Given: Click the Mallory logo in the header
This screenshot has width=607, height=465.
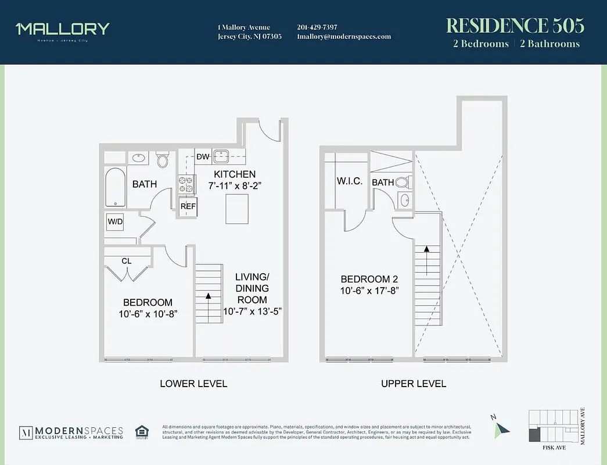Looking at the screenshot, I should pyautogui.click(x=62, y=30).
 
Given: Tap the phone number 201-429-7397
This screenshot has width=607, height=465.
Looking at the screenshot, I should pyautogui.click(x=317, y=27).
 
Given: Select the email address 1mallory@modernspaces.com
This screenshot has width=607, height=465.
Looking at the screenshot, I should pyautogui.click(x=343, y=37).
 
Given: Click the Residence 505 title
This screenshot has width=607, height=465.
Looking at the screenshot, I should pyautogui.click(x=515, y=26).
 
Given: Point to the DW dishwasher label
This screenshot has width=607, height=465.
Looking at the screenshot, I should pyautogui.click(x=203, y=156).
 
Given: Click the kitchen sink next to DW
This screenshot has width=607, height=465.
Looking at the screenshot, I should pyautogui.click(x=221, y=156).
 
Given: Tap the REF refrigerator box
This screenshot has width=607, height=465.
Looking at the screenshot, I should pyautogui.click(x=187, y=206).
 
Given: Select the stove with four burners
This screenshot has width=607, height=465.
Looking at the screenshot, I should pyautogui.click(x=186, y=184).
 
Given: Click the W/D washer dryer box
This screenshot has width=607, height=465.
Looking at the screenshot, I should pyautogui.click(x=114, y=221).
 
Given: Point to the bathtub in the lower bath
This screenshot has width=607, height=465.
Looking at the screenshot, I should pyautogui.click(x=115, y=187).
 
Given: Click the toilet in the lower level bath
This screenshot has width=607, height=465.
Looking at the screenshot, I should pyautogui.click(x=163, y=159).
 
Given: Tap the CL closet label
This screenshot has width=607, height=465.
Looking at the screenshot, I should pyautogui.click(x=126, y=261).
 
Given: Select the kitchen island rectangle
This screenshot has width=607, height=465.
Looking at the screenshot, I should pyautogui.click(x=237, y=209).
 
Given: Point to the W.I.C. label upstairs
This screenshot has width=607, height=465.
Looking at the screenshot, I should pyautogui.click(x=350, y=181).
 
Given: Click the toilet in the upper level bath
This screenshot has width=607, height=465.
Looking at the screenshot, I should pyautogui.click(x=402, y=183).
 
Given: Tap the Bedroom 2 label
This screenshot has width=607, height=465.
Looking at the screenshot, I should pyautogui.click(x=369, y=278).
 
